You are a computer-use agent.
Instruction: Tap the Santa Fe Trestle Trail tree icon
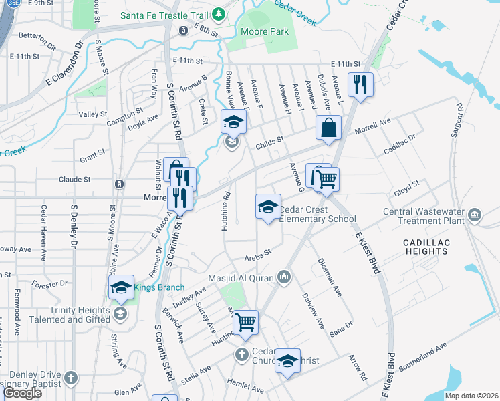219,14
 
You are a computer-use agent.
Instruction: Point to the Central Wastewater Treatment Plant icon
474,215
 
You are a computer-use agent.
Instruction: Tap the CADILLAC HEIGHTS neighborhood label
425,246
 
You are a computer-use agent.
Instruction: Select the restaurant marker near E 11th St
360,84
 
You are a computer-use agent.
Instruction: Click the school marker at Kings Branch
121,287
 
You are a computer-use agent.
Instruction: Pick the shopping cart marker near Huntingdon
246,322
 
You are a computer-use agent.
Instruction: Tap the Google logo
22,393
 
